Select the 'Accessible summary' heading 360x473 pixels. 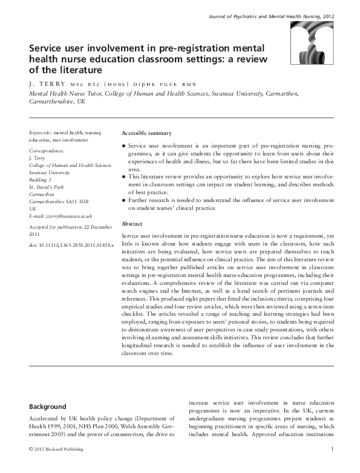(x=146, y=133)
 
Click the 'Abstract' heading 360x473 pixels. (x=132, y=223)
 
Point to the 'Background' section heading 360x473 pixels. (x=48, y=406)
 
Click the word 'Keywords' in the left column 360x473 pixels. (x=40, y=132)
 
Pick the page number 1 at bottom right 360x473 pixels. (x=333, y=448)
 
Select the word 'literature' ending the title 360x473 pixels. (x=73, y=71)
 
